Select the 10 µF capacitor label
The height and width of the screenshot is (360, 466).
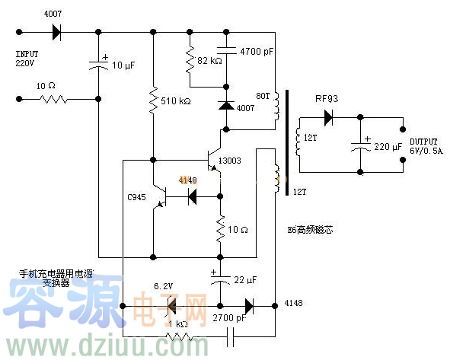click(x=124, y=66)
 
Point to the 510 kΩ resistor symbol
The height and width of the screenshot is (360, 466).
click(x=153, y=100)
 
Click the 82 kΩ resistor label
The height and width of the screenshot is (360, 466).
click(x=209, y=60)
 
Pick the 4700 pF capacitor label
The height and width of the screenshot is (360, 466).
click(x=254, y=53)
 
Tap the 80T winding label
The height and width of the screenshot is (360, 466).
click(x=263, y=96)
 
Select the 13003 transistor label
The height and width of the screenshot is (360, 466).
click(x=230, y=161)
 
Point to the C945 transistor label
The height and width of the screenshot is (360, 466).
click(x=137, y=198)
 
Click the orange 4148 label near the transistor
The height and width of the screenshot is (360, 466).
click(x=187, y=180)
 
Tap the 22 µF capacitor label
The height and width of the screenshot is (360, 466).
click(x=245, y=279)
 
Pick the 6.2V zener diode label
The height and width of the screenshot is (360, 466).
click(x=164, y=286)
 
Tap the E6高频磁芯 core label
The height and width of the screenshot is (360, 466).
click(x=310, y=228)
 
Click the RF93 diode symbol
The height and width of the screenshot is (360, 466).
click(x=328, y=118)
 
